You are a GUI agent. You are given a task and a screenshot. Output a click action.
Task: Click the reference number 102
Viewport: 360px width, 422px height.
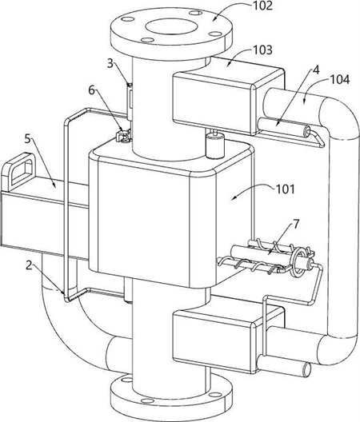tap(262, 6)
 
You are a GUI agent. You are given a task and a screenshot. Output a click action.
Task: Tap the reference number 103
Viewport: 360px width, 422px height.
tap(262, 50)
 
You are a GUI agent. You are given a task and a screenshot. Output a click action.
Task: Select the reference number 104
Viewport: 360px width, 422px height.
tap(340, 79)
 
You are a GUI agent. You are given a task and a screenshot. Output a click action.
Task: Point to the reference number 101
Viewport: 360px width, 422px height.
tap(286, 189)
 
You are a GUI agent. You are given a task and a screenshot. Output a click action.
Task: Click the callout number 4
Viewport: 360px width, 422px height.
tap(316, 70)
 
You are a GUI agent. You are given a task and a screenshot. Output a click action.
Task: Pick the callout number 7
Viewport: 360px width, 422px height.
tap(296, 224)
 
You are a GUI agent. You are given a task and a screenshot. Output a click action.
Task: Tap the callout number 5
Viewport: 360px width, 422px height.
tap(27, 139)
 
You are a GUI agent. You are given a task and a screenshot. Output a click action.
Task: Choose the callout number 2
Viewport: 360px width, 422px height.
tap(29, 265)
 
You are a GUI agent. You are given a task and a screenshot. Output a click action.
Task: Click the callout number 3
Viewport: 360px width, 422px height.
tap(110, 64)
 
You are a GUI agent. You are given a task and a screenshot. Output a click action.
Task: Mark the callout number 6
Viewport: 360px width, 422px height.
tap(92, 90)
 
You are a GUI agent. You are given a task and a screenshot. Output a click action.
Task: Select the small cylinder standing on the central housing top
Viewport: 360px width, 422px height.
tap(214, 145)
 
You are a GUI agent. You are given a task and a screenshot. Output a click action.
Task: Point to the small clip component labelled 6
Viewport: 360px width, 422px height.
tap(123, 135)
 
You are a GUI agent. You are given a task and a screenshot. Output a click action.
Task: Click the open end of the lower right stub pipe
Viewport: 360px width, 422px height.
tap(306, 370)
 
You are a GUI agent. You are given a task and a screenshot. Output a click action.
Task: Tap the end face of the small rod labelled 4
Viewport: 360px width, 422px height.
tap(308, 131)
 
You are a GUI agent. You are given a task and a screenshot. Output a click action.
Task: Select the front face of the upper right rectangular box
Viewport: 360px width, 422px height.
tap(213, 102)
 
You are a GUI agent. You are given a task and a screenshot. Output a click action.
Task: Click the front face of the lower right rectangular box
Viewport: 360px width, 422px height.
tap(213, 342)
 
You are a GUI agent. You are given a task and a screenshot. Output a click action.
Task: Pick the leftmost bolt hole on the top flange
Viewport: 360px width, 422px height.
tap(126, 19)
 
